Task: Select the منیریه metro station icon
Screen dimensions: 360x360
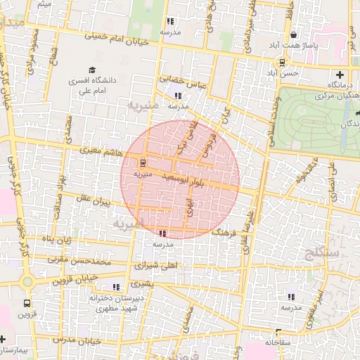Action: [x=144, y=164]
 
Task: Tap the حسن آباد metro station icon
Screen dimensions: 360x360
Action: [x=283, y=61]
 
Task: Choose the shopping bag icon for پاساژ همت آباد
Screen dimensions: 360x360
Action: [x=293, y=34]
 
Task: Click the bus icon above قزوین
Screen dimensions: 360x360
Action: [x=27, y=304]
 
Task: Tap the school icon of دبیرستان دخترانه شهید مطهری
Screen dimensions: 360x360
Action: [x=116, y=287]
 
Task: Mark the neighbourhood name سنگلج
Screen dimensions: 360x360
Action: [x=323, y=251]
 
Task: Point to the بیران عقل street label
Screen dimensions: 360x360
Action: [x=95, y=202]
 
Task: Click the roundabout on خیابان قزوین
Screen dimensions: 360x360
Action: [x=27, y=282]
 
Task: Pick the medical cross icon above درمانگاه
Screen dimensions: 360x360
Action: [x=341, y=75]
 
